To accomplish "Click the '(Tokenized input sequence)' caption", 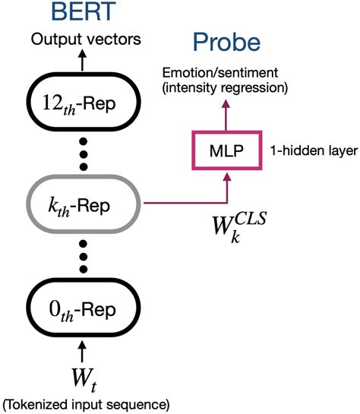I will coord(84,403).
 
